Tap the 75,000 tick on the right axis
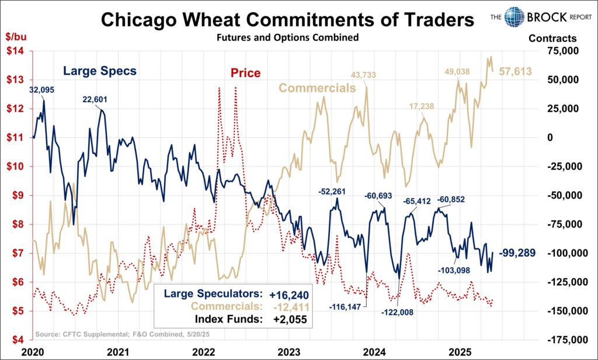(564, 51)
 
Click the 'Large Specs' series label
(100, 71)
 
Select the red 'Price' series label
(245, 73)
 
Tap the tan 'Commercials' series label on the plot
(317, 88)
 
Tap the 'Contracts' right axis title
(552, 39)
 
